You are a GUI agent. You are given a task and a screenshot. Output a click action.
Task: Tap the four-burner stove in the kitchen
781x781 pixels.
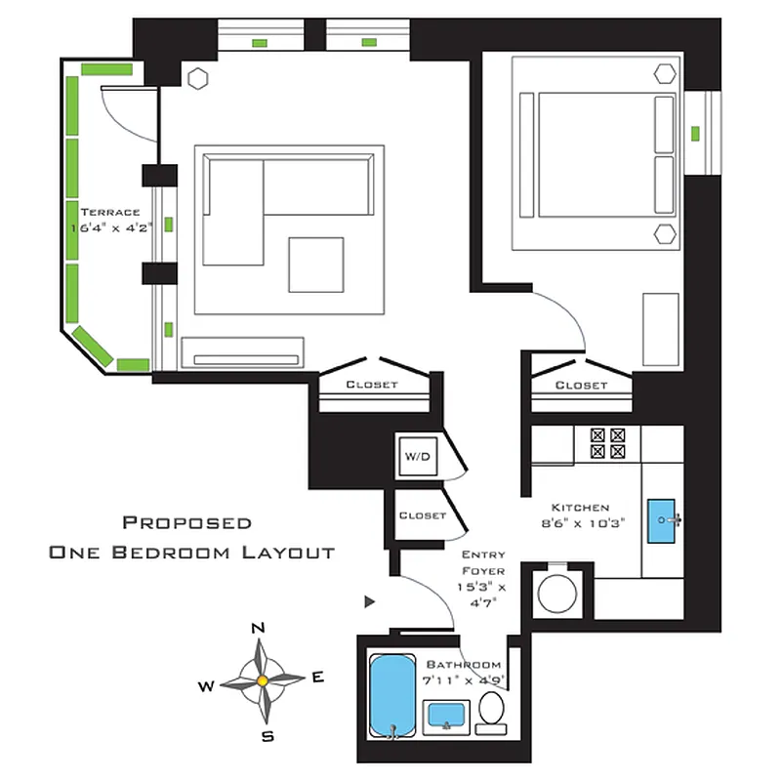(x=608, y=444)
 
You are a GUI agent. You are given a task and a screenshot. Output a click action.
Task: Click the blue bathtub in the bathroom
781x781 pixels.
(x=391, y=694)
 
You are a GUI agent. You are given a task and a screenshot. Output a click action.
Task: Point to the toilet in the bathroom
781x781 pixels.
(x=491, y=713)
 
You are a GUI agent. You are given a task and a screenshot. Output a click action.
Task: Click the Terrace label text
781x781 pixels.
(x=110, y=212)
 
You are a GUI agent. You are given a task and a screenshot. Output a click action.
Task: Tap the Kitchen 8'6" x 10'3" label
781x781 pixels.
(x=581, y=514)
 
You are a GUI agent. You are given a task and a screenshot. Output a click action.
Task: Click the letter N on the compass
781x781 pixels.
(x=259, y=628)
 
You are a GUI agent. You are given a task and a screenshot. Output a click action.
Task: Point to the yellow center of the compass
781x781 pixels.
(x=261, y=678)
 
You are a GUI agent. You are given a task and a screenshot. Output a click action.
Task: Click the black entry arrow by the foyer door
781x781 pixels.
(x=370, y=601)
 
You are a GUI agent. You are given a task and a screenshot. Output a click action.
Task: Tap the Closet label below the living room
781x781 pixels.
(x=372, y=385)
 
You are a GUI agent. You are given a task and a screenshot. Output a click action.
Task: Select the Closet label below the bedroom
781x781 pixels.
(x=581, y=386)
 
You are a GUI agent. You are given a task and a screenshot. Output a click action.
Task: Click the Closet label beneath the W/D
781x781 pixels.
(x=422, y=514)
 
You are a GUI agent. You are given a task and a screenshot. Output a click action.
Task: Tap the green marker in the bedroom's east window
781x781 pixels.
(x=696, y=133)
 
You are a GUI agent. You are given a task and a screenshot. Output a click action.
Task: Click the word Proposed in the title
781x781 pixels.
(x=186, y=523)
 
